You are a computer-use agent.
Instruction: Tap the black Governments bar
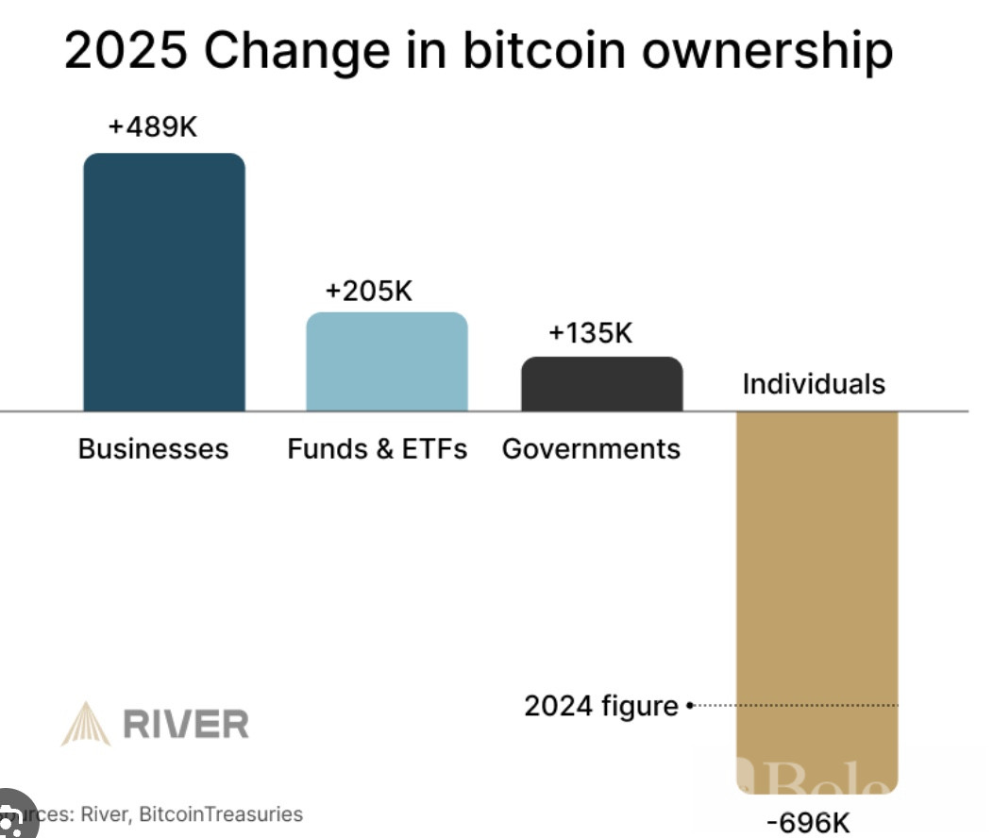pos(602,384)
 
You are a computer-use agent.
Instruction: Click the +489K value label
pos(152,126)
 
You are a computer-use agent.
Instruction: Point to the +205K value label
pos(368,291)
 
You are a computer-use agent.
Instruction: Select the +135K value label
pos(590,333)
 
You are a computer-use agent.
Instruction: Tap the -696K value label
pos(808,823)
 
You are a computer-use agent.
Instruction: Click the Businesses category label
pos(153,448)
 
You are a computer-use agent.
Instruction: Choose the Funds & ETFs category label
pos(377,448)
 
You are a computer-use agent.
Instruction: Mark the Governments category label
pos(591,448)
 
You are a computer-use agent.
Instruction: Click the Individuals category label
pos(814,384)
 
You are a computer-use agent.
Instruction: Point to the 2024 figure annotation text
pos(601,706)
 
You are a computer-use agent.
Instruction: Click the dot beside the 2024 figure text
pos(690,705)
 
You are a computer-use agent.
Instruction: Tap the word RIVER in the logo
pos(187,725)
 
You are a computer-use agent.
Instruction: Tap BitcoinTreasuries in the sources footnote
pos(221,813)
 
